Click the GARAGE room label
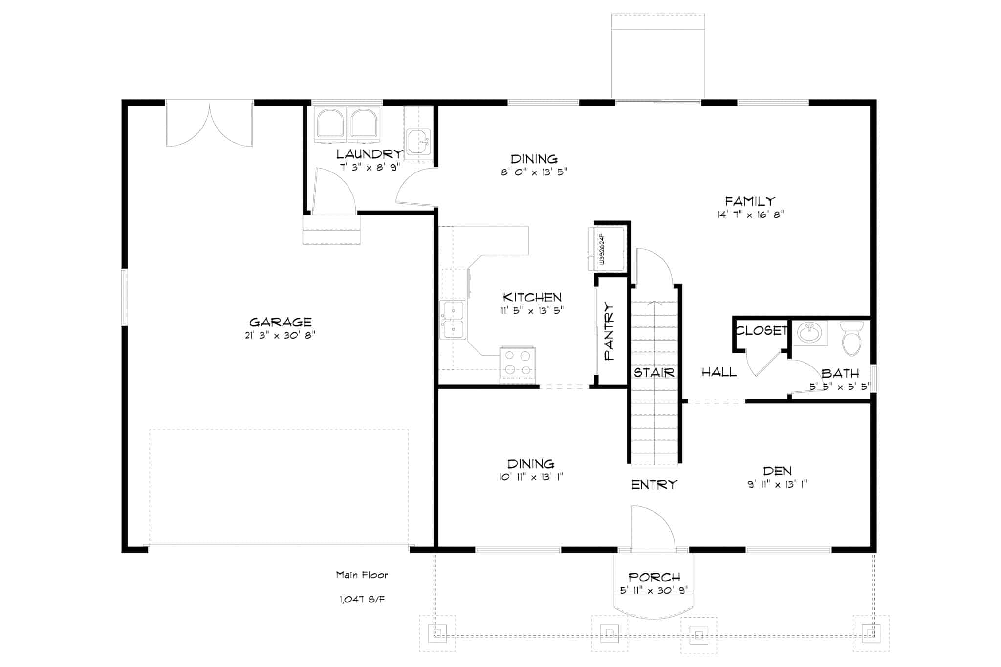coord(280,322)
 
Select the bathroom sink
coord(810,333)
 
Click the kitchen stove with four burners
coord(517,364)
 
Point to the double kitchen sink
coord(453,320)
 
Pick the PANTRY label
coord(609,331)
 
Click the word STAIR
coord(654,373)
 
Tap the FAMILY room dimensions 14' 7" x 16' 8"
coord(750,214)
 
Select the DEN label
coord(777,471)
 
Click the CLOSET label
coord(762,331)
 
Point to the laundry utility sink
coord(418,140)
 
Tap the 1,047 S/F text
coord(362,599)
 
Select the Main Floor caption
coord(362,575)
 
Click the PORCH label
coord(654,578)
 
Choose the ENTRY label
coord(654,485)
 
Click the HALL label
coord(719,372)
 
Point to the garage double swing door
coord(210,125)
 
